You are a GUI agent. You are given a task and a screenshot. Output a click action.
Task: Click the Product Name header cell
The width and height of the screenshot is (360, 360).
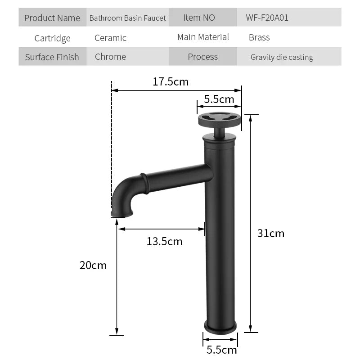pyautogui.click(x=52, y=18)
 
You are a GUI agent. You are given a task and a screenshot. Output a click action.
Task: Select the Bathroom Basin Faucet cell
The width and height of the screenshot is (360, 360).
pyautogui.click(x=127, y=18)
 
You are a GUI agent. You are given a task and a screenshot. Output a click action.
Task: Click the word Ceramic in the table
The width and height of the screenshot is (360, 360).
pyautogui.click(x=110, y=38)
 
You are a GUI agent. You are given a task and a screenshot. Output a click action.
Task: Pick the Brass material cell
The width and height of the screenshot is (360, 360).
pyautogui.click(x=259, y=37)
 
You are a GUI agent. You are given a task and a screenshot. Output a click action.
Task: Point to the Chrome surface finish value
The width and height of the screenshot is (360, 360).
pyautogui.click(x=110, y=57)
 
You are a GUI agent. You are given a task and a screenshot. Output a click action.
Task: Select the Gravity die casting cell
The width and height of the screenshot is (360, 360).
pyautogui.click(x=282, y=57)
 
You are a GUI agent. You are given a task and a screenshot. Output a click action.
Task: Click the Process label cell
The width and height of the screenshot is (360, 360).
pyautogui.click(x=202, y=57)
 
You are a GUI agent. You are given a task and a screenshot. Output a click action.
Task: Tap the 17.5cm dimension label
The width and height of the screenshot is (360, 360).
pyautogui.click(x=170, y=82)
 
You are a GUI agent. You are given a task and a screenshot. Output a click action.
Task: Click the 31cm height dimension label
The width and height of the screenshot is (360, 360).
pyautogui.click(x=270, y=233)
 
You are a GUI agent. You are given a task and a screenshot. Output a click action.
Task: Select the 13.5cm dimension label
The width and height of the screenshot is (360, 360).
pyautogui.click(x=164, y=241)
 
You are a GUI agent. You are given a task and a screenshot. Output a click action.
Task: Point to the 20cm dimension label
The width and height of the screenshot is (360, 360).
pyautogui.click(x=93, y=265)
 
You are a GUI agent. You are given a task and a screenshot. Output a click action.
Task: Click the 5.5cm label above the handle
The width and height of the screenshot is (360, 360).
pyautogui.click(x=219, y=99)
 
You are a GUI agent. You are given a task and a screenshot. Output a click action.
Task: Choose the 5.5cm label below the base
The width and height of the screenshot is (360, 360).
pyautogui.click(x=221, y=350)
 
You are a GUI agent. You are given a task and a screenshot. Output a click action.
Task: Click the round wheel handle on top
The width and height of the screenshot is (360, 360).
pyautogui.click(x=220, y=118)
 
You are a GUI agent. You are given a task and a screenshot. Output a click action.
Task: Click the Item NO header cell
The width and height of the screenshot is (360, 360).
pyautogui.click(x=199, y=18)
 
